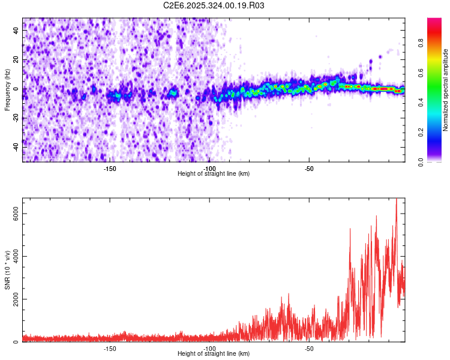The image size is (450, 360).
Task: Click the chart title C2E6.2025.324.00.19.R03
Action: coord(214,5)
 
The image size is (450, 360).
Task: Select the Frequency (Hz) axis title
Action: coord(7,90)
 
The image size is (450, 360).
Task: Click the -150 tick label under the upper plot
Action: coord(109,169)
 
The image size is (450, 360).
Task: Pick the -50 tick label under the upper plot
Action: coord(309,169)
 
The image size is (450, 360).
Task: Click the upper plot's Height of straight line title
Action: coord(214,174)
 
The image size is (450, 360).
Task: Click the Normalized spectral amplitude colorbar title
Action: coord(446,90)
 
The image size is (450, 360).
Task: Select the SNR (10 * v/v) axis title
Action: coord(7,270)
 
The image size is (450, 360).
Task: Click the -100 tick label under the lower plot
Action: coord(209,349)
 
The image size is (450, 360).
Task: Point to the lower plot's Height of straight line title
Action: coord(214,354)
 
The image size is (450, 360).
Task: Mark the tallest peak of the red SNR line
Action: coord(396,200)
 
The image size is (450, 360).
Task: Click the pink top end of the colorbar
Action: coord(434,21)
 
